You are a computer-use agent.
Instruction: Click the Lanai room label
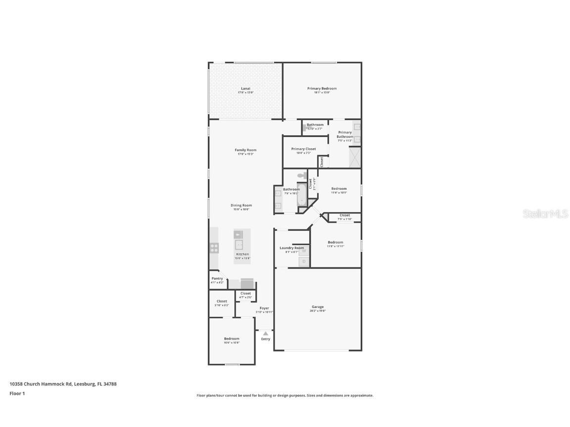point(245,88)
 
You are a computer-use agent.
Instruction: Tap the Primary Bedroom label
point(322,88)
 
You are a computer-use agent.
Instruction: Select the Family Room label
point(245,150)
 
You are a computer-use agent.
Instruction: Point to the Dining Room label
point(241,205)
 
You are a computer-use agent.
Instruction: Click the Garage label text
point(317,307)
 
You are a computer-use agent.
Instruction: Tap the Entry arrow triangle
point(266,334)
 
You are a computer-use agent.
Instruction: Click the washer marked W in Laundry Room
point(304,251)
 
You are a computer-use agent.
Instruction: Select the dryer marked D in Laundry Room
point(304,261)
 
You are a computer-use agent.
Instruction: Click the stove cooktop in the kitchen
point(214,248)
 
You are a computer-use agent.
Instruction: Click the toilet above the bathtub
point(302,176)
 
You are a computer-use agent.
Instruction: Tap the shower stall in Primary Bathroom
point(355,158)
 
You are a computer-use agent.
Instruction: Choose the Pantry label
point(217,279)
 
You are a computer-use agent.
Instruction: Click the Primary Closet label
point(303,149)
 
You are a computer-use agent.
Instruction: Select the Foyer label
point(264,308)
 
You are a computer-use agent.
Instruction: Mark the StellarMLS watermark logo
point(546,213)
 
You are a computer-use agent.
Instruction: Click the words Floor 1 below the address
point(17,393)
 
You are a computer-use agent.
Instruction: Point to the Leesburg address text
point(63,384)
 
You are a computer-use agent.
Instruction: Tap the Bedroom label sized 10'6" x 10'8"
point(232,339)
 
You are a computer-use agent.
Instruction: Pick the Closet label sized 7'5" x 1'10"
point(345,215)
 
